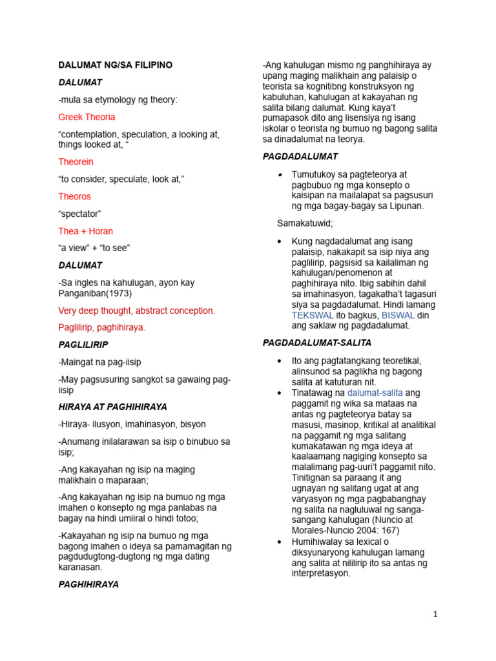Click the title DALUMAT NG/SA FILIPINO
(116, 65)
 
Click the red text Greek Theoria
(87, 117)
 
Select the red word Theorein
(76, 161)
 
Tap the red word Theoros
(74, 196)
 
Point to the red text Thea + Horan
(85, 231)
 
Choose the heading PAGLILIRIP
(83, 345)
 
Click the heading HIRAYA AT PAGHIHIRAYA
(112, 407)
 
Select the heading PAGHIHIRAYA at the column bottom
(88, 584)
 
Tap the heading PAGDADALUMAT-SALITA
(317, 343)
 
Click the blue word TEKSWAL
(313, 315)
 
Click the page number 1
(435, 614)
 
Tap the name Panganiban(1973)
(95, 293)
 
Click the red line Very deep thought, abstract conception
(136, 310)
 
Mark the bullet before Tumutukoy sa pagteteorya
(279, 175)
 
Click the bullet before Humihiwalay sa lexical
(279, 541)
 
